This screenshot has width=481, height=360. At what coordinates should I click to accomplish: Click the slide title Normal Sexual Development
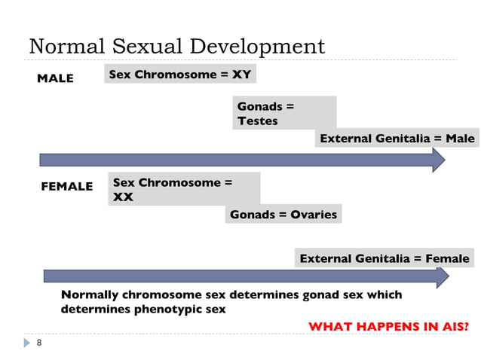click(x=176, y=46)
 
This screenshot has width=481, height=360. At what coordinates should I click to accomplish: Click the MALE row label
click(x=55, y=78)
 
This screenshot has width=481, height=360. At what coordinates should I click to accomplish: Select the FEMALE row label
click(x=66, y=186)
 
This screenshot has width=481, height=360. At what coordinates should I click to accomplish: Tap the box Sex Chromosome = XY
click(x=180, y=75)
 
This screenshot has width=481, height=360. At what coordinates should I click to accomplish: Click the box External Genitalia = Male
click(x=397, y=139)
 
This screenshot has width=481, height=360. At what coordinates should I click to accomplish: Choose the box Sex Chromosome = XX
click(x=184, y=189)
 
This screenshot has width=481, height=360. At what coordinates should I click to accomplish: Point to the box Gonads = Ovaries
click(x=283, y=215)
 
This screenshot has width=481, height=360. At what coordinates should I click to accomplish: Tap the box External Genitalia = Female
click(x=384, y=259)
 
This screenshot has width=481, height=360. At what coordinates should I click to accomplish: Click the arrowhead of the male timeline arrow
click(x=438, y=160)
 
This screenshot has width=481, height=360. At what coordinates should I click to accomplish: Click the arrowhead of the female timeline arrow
click(x=442, y=276)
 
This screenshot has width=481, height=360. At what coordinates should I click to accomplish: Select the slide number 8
click(x=39, y=343)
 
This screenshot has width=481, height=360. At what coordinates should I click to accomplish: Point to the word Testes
click(x=257, y=121)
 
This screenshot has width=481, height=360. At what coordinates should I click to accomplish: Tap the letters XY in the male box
click(x=242, y=75)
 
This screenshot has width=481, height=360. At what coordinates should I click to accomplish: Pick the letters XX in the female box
click(x=123, y=197)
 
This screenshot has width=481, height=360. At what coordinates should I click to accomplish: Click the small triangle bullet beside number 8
click(x=26, y=343)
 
